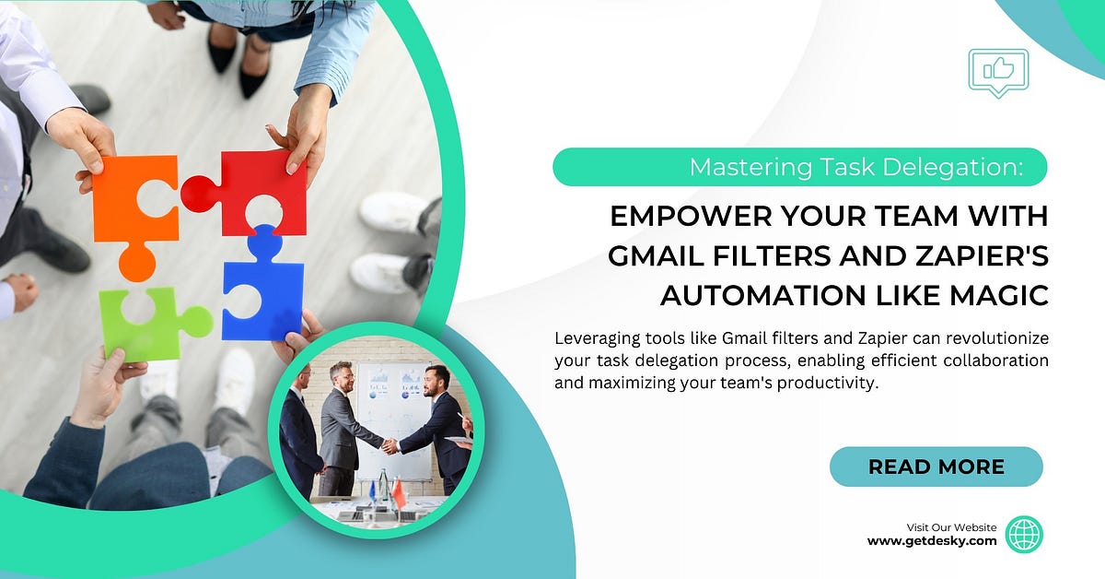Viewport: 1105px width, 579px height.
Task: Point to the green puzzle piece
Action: click(x=138, y=323)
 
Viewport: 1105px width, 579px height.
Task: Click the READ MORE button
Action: click(x=936, y=467)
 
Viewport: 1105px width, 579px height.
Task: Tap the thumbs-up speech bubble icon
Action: click(x=998, y=71)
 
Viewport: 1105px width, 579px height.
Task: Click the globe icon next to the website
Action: click(x=1023, y=534)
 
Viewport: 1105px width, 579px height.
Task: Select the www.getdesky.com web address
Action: click(x=932, y=541)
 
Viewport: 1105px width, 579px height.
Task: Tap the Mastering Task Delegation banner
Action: click(x=799, y=168)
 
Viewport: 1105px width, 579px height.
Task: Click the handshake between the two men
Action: click(x=390, y=445)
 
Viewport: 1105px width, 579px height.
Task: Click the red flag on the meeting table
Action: click(x=399, y=495)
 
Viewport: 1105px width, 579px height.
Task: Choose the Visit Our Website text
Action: click(x=951, y=527)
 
